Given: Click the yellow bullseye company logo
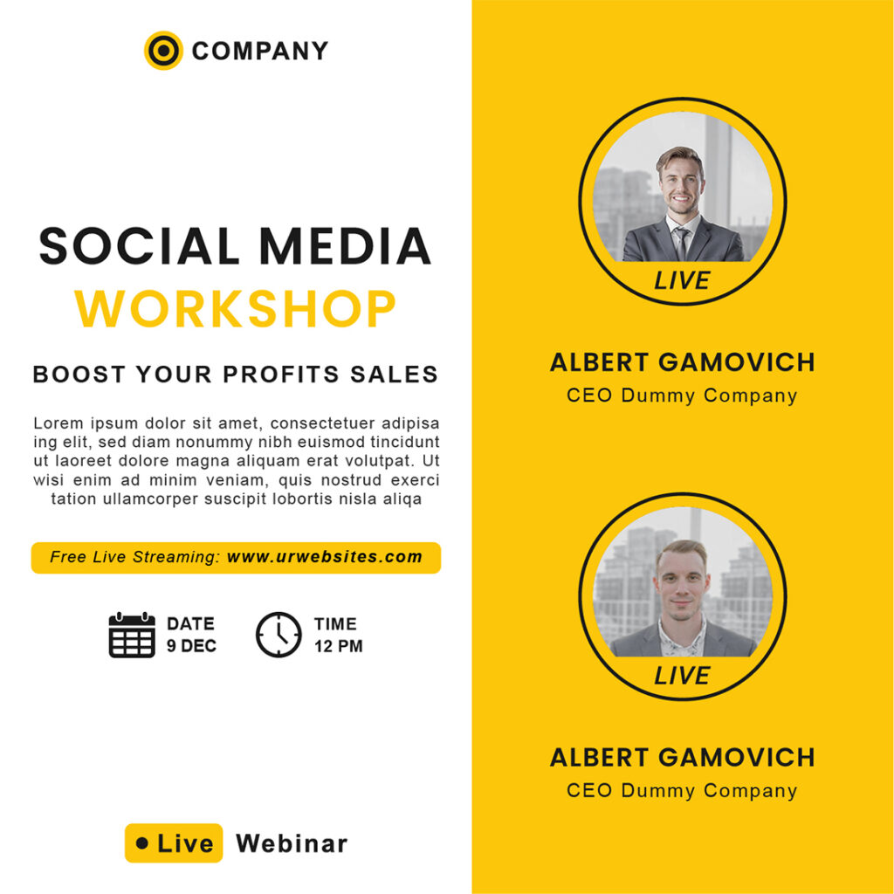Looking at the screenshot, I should coord(163,51).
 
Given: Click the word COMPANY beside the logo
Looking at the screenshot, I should coord(260,52).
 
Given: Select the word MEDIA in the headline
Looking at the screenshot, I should coord(346,246).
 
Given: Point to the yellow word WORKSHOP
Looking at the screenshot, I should coord(236,309).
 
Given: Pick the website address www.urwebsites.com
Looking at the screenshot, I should coord(325,557).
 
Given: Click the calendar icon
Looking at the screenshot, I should coord(132,635).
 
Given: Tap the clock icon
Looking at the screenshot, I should coord(279,635).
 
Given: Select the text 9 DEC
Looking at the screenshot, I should coord(191,646).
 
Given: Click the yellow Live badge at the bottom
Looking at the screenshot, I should coord(174,843).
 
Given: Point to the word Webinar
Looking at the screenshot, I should coord(292,844).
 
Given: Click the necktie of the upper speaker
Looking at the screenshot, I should coord(681,243).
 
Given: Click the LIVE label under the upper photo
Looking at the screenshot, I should coord(682,281).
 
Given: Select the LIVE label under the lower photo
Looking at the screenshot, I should coord(682,676).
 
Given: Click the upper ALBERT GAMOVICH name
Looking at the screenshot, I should coord(682,362).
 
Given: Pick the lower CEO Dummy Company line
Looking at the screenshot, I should coord(682,791).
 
